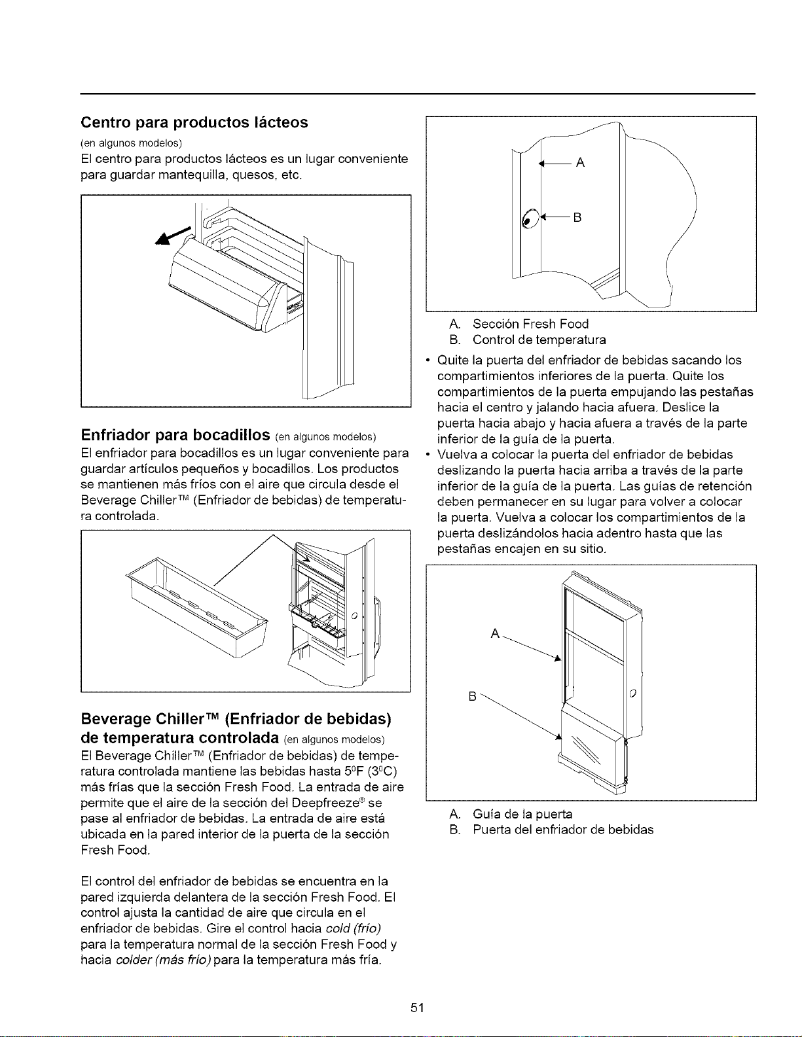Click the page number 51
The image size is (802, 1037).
tap(417, 1008)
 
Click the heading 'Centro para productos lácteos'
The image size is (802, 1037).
tap(194, 122)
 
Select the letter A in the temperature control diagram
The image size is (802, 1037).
tap(581, 163)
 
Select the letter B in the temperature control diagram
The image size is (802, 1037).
tap(577, 218)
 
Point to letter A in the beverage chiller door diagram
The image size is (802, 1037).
tap(495, 634)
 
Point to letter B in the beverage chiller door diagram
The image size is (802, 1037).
tap(473, 697)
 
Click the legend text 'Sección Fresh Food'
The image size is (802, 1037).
tap(530, 324)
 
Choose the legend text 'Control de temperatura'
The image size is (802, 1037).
tap(539, 340)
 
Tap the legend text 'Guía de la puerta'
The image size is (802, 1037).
tap(522, 814)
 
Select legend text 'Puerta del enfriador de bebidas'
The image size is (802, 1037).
tap(563, 830)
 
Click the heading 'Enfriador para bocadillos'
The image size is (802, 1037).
tap(175, 435)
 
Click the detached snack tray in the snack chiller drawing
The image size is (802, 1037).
tap(196, 606)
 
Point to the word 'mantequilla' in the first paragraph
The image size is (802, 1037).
tap(192, 175)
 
